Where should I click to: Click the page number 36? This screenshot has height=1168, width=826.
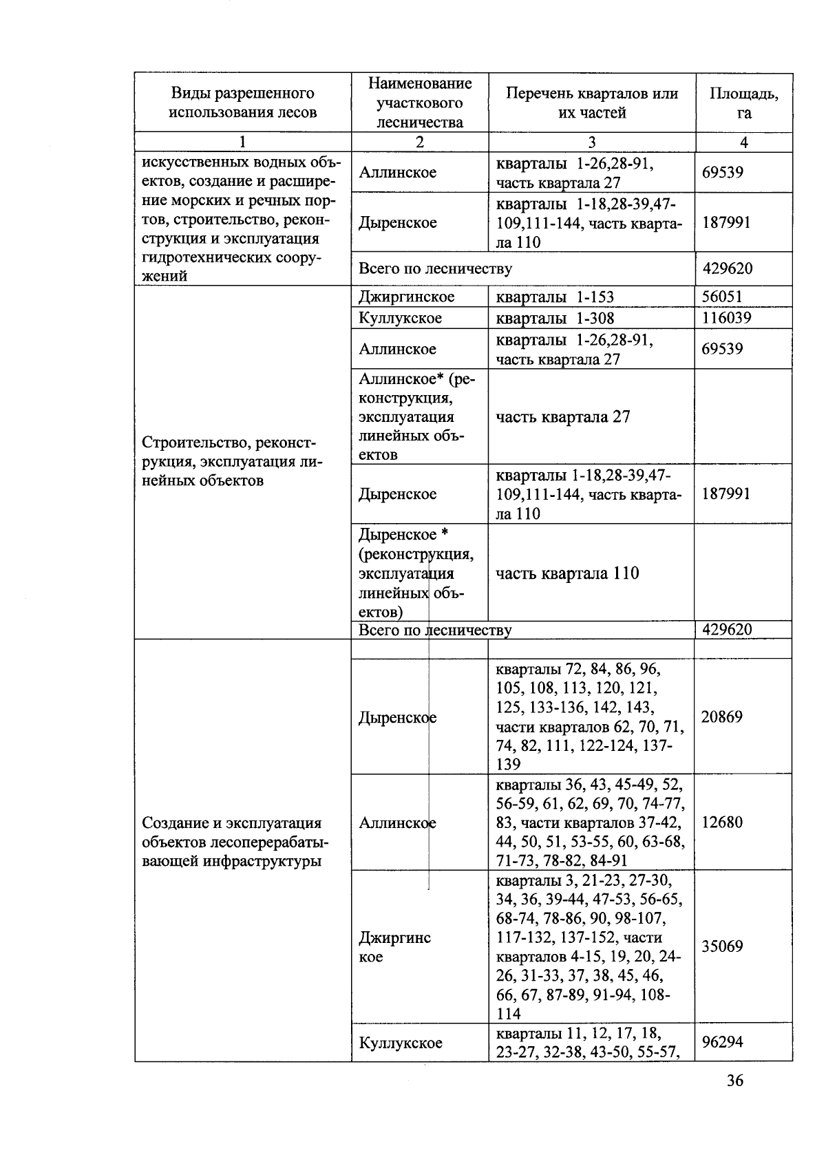[734, 1081]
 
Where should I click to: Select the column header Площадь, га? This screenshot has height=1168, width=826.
[743, 103]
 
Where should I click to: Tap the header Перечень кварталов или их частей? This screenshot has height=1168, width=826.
[591, 103]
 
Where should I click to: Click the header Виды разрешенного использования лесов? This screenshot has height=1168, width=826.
[242, 103]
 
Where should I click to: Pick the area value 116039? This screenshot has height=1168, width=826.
[726, 318]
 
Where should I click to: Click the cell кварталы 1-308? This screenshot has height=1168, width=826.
[555, 318]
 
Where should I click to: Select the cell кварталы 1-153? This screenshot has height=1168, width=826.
[555, 297]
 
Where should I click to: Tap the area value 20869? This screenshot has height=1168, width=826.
[721, 716]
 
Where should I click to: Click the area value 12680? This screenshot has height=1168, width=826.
[721, 822]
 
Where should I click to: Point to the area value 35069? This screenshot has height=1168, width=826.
[721, 946]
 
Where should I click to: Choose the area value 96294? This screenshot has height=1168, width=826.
[721, 1042]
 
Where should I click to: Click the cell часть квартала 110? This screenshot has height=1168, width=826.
[567, 573]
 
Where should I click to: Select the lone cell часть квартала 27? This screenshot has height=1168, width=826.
[562, 416]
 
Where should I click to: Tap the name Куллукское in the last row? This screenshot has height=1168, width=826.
[401, 1043]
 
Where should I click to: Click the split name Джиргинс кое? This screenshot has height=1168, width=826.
[394, 947]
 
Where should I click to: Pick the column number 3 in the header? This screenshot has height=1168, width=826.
[591, 142]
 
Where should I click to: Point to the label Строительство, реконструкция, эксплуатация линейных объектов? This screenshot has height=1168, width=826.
[232, 461]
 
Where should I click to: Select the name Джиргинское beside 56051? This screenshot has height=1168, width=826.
[406, 297]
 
